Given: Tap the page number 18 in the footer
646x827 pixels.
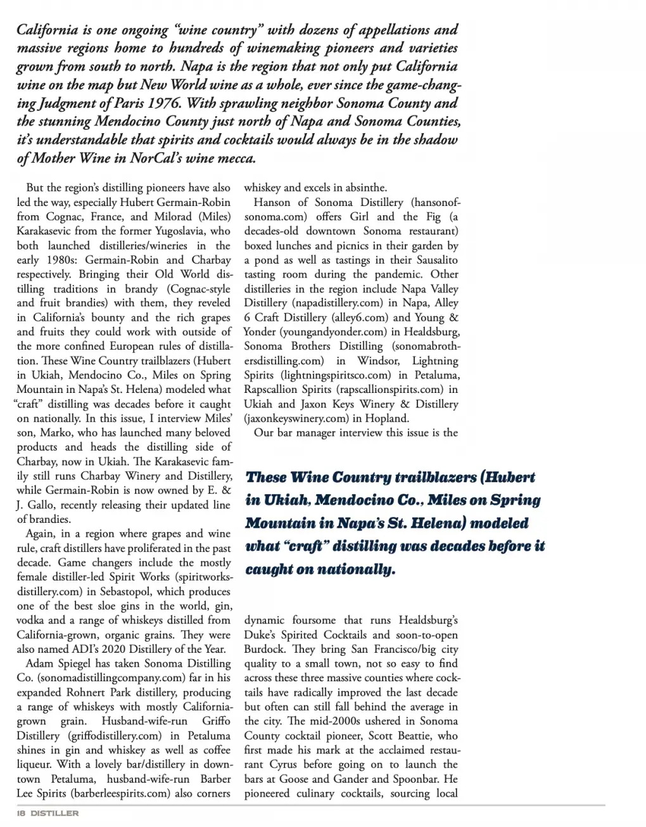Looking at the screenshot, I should [20, 814].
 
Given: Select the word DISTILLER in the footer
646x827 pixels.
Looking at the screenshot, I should [55, 814].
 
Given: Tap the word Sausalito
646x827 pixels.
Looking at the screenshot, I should [432, 260].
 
